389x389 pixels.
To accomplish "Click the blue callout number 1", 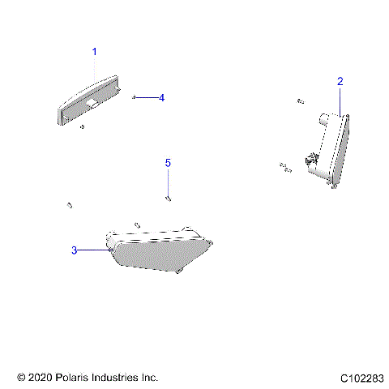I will coord(94,52).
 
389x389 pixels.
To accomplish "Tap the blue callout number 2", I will coord(340,81).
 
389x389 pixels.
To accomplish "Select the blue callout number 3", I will coord(75,250).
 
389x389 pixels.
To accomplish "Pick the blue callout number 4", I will coord(161,97).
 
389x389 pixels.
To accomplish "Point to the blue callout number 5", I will coord(169,163).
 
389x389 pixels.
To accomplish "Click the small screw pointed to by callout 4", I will coord(133,97).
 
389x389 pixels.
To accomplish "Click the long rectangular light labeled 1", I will coord(89,100).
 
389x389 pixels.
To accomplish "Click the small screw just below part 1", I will coord(82,126).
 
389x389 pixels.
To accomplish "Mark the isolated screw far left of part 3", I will coord(71,204).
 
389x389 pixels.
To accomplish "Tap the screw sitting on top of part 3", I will coord(137,224).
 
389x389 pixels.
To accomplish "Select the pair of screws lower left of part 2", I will coord(284,167).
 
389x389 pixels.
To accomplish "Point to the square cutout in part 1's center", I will coord(95,104).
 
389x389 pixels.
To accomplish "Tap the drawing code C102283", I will coord(362,378).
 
